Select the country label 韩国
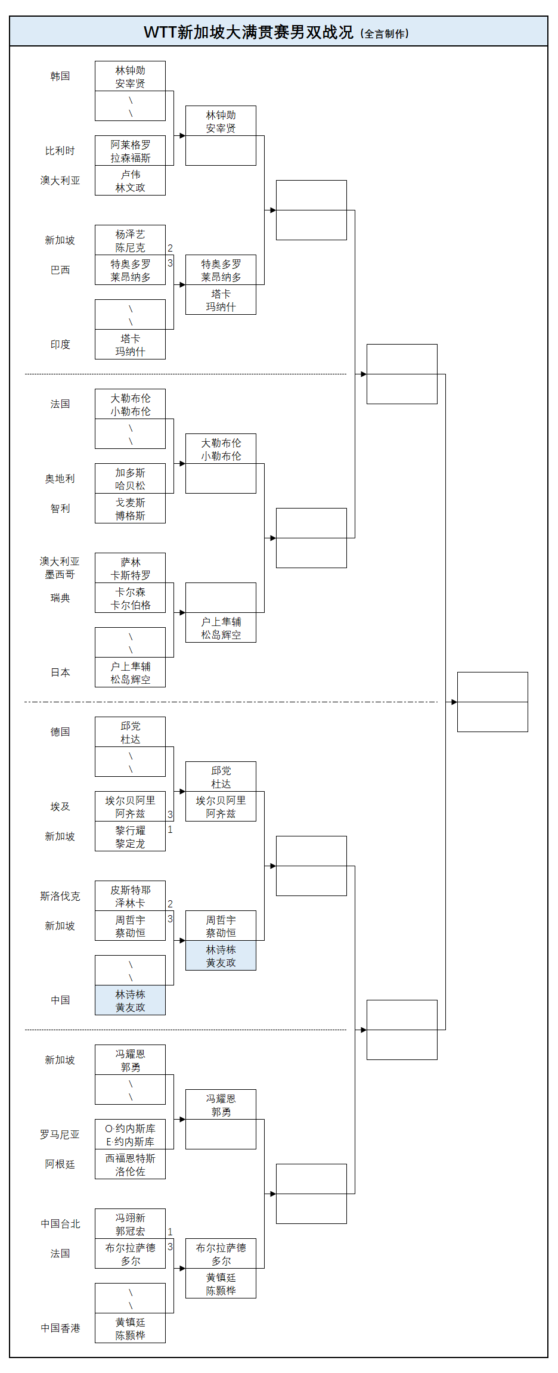[60, 76]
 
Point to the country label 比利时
[60, 151]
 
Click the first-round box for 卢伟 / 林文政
[130, 181]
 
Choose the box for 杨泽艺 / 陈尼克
[130, 240]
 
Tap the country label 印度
[60, 345]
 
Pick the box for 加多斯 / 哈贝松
[130, 479]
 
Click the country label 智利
[60, 509]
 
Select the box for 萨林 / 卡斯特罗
[130, 568]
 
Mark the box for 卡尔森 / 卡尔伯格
[130, 598]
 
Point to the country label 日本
[60, 672]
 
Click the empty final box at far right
[492, 702]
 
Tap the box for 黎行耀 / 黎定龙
[130, 836]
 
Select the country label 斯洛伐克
[60, 896]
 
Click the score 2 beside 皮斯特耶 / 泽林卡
[170, 904]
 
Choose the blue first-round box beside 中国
[130, 1000]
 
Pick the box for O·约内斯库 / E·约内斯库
[130, 1135]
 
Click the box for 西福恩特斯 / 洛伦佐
[130, 1164]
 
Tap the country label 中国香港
[60, 1328]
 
